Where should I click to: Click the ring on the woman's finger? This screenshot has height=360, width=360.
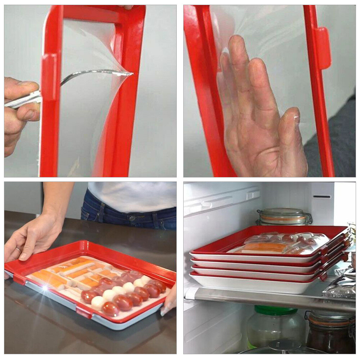pos(18,249)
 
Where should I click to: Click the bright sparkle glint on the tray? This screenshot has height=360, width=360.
pos(45,288)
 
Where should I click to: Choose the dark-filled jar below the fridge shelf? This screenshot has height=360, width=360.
pos(329,331)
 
